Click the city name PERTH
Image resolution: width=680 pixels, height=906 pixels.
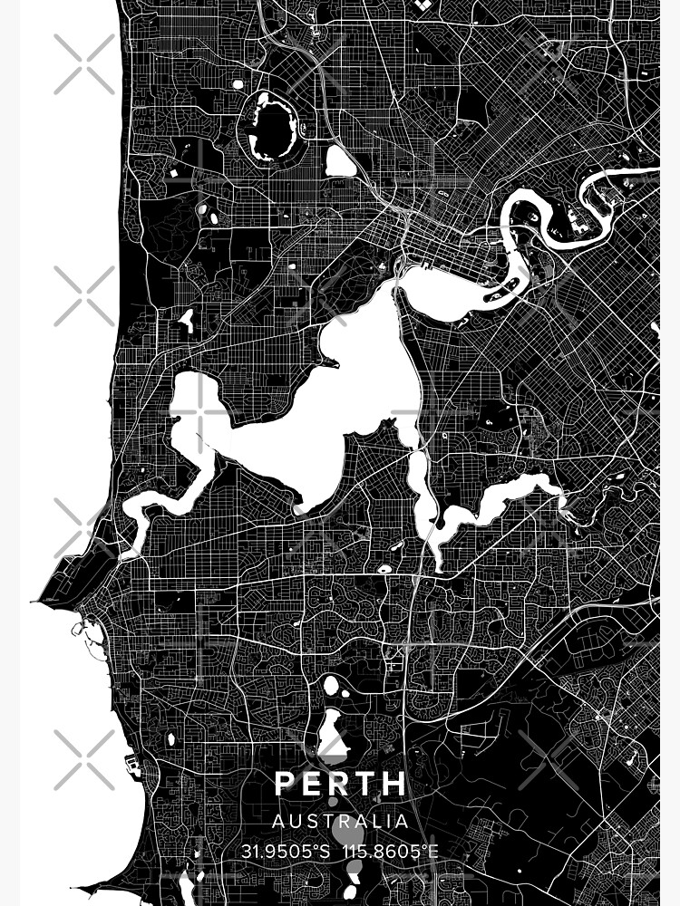coord(340,784)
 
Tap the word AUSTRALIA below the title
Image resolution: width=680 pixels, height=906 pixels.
coord(340,822)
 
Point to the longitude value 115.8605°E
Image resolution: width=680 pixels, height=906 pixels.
coord(391,852)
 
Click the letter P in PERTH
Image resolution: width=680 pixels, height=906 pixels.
coord(285,784)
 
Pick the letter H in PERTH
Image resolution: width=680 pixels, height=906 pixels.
coord(393,784)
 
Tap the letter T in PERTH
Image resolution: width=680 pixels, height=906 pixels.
coord(366,784)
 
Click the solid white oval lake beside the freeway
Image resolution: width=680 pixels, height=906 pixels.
coord(341,162)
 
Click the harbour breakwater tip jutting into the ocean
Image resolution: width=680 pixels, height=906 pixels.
coord(36,600)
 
